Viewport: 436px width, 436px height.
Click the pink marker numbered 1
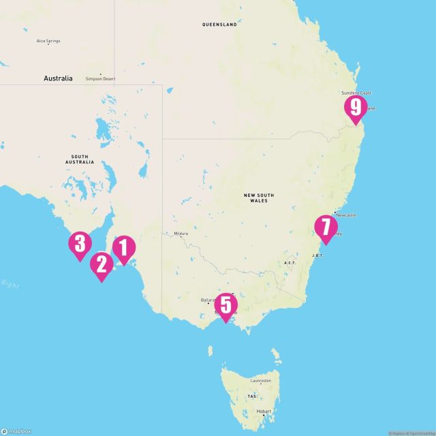coord(123,249)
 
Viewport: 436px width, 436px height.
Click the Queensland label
coord(219,25)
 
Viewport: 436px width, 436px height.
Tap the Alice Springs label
coord(48,41)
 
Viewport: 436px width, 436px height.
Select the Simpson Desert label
coord(101,79)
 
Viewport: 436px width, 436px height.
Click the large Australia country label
coord(58,78)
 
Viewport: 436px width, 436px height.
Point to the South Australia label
coord(80,159)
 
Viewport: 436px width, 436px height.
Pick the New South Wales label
coord(259,198)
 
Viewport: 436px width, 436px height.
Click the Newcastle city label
coord(346,215)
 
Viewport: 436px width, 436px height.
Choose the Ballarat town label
coord(207,300)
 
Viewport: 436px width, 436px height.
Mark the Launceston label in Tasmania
coord(261,381)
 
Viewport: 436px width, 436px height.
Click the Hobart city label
coord(264,411)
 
